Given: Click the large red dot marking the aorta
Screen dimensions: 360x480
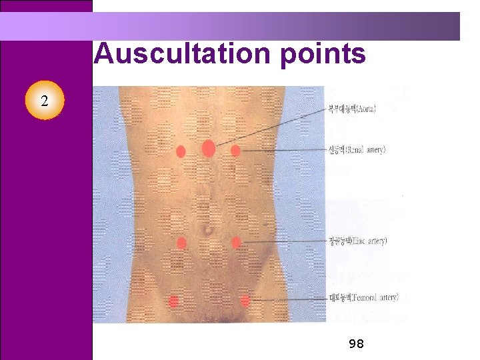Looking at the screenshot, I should [208, 148].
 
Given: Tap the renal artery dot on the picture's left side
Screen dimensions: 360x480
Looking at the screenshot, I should [181, 151].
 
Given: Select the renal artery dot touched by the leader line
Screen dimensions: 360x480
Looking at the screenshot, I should [235, 151].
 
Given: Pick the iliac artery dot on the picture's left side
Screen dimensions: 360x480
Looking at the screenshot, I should [181, 243].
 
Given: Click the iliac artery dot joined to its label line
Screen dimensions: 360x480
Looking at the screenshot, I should [236, 242].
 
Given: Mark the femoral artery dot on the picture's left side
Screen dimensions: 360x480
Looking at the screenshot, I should [174, 301].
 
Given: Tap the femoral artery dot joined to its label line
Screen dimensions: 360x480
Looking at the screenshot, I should [245, 301].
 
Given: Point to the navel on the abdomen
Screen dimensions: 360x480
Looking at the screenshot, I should [209, 230].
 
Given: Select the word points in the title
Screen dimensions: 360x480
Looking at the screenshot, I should [323, 53].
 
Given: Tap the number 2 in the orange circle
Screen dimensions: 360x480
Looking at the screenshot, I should [44, 101].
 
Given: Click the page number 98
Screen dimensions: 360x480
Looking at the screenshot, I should [356, 344].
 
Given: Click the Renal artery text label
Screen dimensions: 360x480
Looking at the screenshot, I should [357, 150].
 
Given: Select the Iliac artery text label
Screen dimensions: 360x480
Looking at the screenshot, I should [358, 240].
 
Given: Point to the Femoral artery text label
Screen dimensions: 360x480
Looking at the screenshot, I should [363, 297].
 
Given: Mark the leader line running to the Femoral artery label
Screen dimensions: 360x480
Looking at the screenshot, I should [287, 299].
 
